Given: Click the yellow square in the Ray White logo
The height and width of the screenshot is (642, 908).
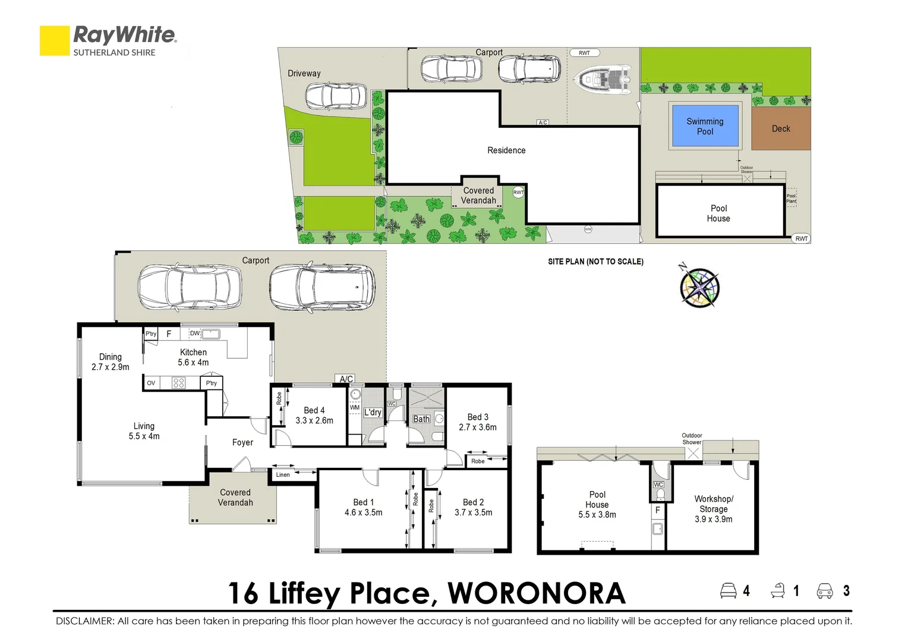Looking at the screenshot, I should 55,40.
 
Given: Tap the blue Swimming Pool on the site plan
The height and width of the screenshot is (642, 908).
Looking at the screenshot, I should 705,126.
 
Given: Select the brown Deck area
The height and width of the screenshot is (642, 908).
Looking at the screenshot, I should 781,128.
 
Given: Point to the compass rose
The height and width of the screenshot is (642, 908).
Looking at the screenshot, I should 699,288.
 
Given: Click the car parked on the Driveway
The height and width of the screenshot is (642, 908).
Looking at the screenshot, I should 336,96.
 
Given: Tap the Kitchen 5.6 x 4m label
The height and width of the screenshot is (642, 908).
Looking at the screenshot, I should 193,357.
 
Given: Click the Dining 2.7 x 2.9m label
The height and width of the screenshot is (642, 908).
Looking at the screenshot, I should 111,361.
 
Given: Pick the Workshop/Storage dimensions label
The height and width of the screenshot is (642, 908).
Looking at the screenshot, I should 714,519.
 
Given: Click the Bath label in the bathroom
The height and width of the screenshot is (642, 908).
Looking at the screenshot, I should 421,419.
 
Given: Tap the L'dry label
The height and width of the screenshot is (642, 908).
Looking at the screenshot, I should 373,412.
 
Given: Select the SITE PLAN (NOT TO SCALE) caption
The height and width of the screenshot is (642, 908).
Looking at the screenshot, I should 595,262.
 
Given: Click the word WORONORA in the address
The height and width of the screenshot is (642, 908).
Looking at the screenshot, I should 536,593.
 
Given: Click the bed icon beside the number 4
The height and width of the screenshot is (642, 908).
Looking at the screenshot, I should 728,591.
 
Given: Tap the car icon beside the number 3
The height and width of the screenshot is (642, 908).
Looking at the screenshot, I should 825,591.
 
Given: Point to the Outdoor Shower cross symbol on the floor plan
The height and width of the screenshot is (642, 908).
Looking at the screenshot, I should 693,453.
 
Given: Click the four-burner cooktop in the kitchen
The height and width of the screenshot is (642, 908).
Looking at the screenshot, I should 178,383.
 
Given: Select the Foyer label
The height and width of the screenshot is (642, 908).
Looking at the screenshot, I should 242,442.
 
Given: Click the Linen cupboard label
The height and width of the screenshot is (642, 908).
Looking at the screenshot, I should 283,474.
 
